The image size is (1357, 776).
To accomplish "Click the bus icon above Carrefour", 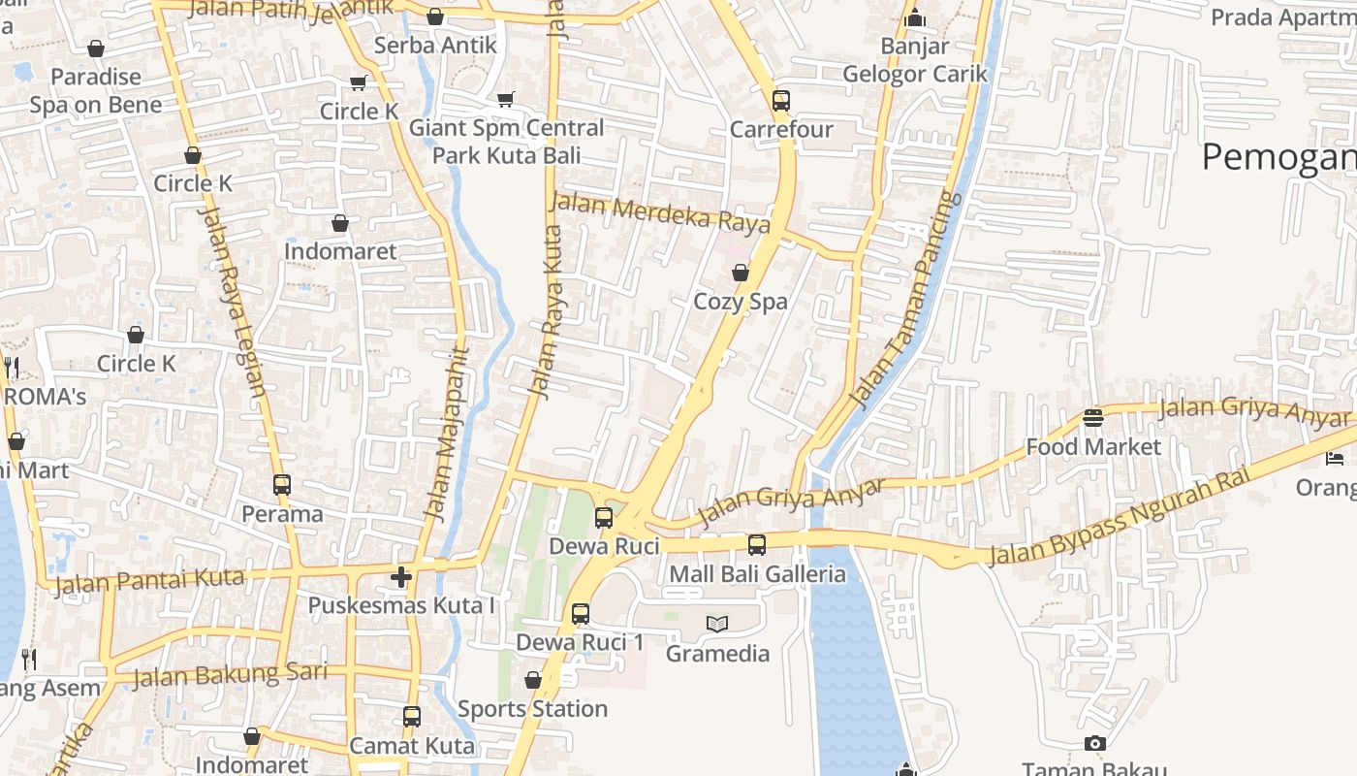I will (x=781, y=101).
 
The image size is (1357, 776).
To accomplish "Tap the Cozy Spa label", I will (x=741, y=302).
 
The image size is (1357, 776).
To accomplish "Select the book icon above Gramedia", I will (x=717, y=624).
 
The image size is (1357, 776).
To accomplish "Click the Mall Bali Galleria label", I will (x=757, y=574).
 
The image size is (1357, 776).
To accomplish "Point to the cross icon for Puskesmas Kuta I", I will (x=401, y=578).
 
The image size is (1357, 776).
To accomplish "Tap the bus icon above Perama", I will (x=282, y=485).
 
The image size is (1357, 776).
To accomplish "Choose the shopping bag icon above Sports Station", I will (x=533, y=680).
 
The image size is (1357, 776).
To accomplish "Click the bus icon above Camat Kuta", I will (x=412, y=717).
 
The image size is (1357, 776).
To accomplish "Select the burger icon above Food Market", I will (x=1093, y=418).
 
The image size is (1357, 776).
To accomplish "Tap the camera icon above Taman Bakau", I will (x=1095, y=744).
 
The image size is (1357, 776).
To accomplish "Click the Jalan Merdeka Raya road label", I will (x=660, y=212).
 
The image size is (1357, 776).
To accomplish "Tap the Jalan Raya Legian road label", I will (x=232, y=302).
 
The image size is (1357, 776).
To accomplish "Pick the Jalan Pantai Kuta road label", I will (x=149, y=582).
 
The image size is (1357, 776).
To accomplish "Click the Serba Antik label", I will (x=435, y=45).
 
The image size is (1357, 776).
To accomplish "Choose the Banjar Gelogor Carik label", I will (x=915, y=60).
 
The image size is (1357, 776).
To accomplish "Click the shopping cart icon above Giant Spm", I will (x=505, y=99).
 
